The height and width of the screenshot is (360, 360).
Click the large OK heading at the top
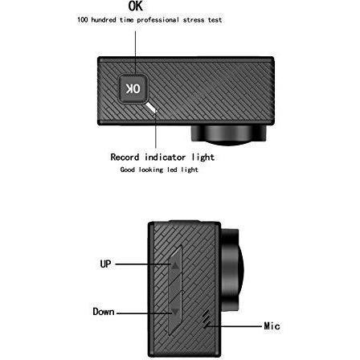pyautogui.click(x=136, y=6)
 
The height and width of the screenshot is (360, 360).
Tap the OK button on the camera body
pyautogui.click(x=133, y=88)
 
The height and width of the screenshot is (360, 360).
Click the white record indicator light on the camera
pyautogui.click(x=151, y=108)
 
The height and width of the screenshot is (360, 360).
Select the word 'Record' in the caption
pyautogui.click(x=125, y=157)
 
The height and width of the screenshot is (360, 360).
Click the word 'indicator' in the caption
pyautogui.click(x=165, y=157)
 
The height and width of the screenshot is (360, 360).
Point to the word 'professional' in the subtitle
pyautogui.click(x=158, y=20)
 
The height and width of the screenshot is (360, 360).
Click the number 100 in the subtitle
pyautogui.click(x=83, y=20)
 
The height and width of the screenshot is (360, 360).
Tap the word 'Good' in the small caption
pyautogui.click(x=128, y=170)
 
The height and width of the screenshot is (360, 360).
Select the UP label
pyautogui.click(x=105, y=264)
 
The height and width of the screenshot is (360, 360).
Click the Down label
pyautogui.click(x=104, y=312)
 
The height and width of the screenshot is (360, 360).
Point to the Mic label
pyautogui.click(x=272, y=326)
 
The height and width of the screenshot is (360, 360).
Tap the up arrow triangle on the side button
pyautogui.click(x=175, y=266)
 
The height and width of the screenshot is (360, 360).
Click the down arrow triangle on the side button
pyautogui.click(x=175, y=312)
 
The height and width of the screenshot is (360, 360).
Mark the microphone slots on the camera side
pyautogui.click(x=207, y=319)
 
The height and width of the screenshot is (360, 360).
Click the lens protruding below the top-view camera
pyautogui.click(x=228, y=135)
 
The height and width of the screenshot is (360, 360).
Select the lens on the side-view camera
pyautogui.click(x=232, y=270)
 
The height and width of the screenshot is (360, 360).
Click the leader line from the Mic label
pyautogui.click(x=233, y=326)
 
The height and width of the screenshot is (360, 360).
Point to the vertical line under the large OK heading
pyautogui.click(x=135, y=52)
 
